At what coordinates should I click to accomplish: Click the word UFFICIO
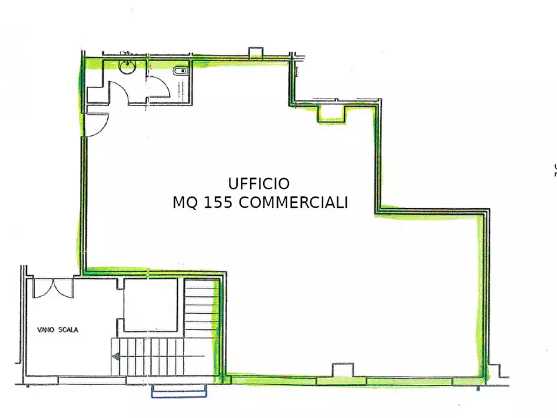259,183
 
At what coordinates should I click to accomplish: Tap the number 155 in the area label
217,203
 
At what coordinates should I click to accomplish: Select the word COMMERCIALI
293,203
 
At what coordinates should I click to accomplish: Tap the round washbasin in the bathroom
127,67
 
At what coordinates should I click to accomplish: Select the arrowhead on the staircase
116,357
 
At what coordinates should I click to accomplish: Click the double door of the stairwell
53,287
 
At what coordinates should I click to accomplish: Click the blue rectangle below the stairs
180,391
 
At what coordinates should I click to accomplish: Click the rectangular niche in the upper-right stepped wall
332,113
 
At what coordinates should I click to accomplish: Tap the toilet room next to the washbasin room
171,81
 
